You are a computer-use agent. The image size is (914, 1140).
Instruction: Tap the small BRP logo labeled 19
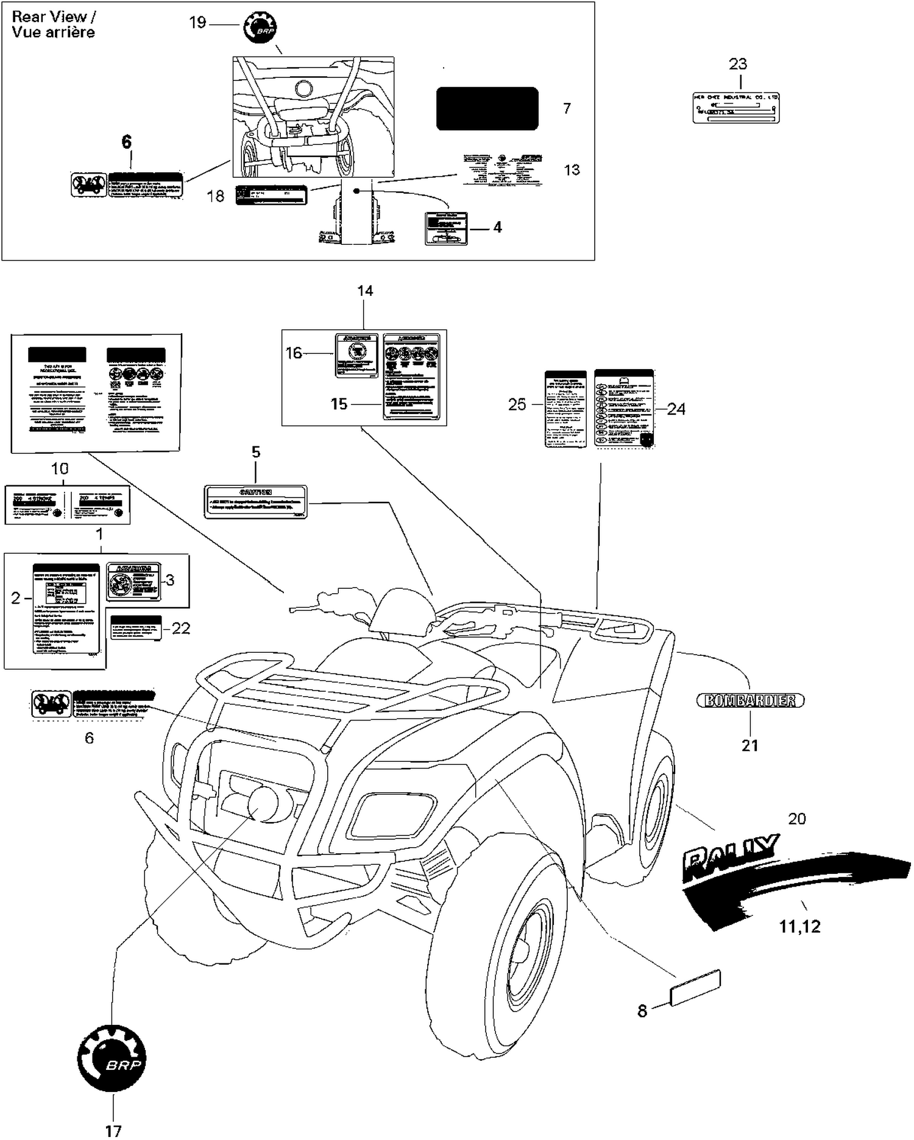260,27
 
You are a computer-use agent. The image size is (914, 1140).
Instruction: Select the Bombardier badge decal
750,700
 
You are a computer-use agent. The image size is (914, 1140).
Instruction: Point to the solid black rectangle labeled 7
487,108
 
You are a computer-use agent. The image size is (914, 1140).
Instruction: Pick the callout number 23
738,64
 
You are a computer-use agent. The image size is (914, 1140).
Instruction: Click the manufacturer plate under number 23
736,108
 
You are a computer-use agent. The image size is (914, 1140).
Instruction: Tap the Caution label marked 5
255,501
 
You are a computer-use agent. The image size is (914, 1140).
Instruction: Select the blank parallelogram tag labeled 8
695,987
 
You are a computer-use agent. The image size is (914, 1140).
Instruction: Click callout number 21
750,745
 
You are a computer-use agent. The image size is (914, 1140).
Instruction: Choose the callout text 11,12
799,926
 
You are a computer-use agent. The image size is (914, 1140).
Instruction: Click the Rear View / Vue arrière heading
54,25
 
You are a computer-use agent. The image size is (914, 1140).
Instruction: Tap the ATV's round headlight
263,804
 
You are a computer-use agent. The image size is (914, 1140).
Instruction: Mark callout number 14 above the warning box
365,291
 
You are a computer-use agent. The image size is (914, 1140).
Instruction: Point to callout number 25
517,404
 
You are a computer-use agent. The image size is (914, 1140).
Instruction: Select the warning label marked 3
133,582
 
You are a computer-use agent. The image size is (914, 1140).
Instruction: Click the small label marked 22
136,627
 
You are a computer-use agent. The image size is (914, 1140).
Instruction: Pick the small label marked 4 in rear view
446,228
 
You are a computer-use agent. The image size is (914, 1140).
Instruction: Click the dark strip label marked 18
271,195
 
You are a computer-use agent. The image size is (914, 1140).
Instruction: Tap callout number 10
60,469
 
